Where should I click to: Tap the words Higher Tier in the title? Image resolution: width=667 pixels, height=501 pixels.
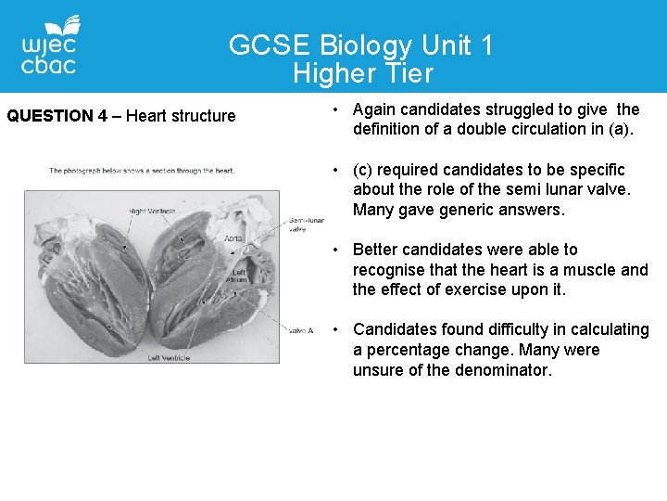point(363,72)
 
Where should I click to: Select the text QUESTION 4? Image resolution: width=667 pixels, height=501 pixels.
point(57,116)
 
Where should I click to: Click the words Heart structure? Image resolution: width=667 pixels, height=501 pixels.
point(181,116)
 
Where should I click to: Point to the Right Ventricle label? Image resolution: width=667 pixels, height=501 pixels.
point(152,212)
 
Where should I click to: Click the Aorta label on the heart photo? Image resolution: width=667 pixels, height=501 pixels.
point(233,238)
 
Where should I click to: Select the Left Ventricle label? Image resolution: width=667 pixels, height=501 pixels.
point(169,357)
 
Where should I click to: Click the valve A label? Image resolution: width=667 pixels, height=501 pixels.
point(301,330)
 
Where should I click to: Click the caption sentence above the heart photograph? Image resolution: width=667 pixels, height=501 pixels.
point(142,171)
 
